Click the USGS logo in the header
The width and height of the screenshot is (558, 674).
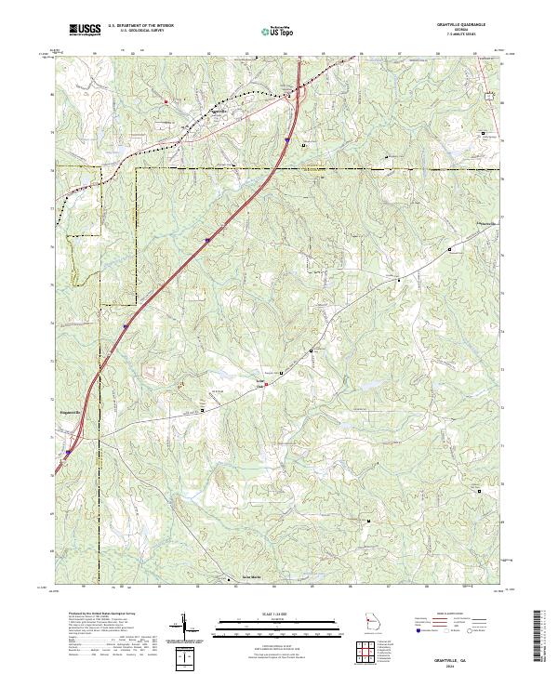pos(85,30)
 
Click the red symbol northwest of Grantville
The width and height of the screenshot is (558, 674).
pos(166,101)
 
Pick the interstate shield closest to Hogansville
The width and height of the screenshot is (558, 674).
pos(67,455)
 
